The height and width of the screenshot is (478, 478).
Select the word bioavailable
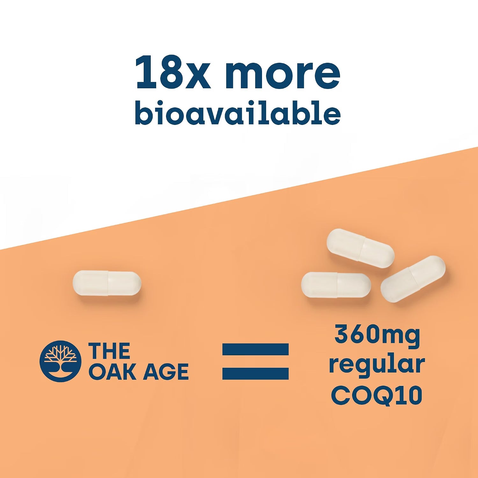238,112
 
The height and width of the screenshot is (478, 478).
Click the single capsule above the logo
107,283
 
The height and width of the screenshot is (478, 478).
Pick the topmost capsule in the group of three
361,248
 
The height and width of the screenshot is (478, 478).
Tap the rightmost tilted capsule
413,279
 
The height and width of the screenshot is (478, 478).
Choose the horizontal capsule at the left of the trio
336,285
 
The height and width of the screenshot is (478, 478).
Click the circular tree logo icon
60,361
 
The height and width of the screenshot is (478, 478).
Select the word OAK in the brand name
113,372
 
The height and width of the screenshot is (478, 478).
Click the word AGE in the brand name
166,372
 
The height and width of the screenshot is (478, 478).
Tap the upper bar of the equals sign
256,349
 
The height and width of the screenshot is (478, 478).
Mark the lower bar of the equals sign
256,373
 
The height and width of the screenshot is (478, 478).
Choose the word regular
377,366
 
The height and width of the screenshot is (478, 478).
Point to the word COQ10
377,395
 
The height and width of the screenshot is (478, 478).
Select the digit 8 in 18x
171,72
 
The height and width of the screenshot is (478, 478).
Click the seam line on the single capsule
108,283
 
